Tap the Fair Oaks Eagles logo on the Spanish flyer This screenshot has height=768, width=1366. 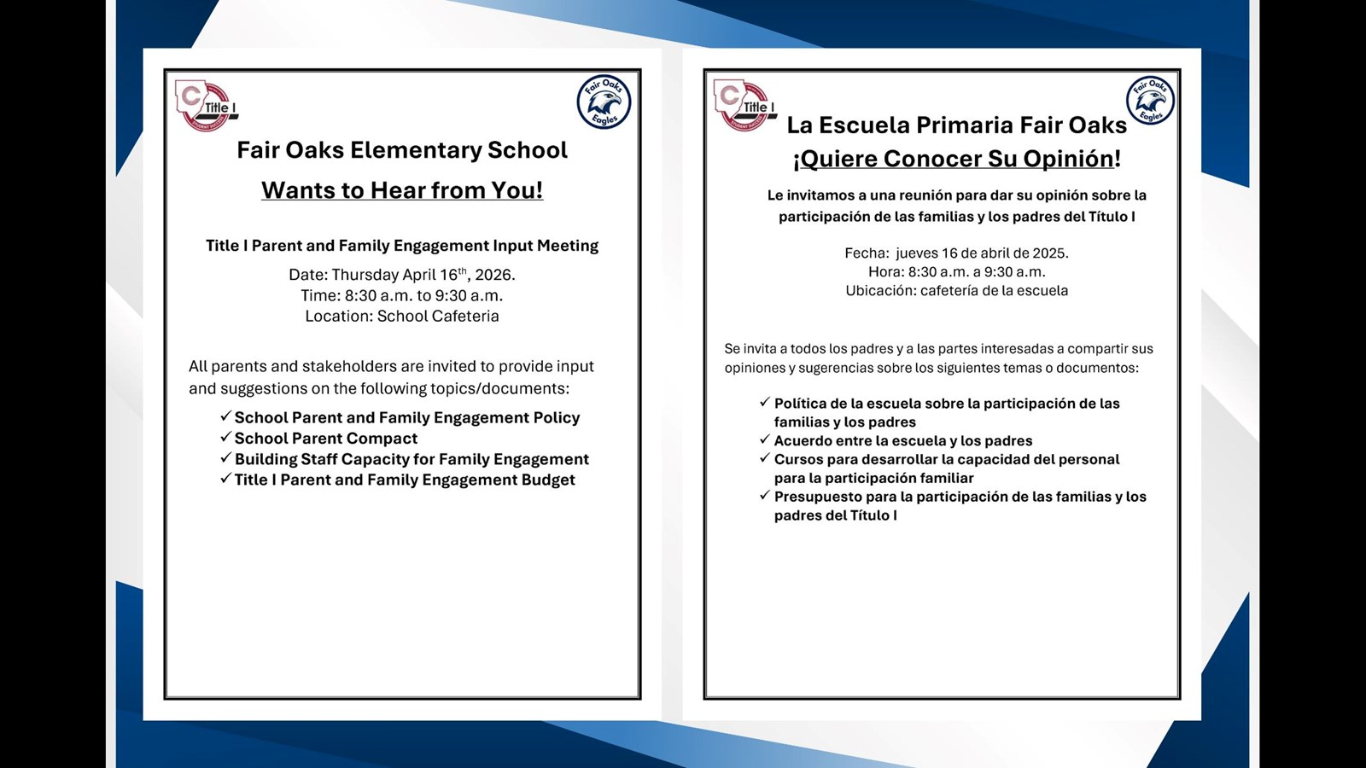point(1150,101)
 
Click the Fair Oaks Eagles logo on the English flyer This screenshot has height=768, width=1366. point(604,102)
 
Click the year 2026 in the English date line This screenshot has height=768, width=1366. point(493,275)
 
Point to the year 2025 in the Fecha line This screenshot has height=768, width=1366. point(1049,253)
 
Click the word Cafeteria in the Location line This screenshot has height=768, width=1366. point(465,317)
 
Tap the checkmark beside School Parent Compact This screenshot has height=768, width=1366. point(226,437)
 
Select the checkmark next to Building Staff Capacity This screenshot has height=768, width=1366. point(226,457)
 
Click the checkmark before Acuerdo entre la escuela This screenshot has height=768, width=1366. point(765,439)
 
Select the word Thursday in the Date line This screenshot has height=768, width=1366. point(365,275)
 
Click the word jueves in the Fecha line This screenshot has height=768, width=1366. point(917,253)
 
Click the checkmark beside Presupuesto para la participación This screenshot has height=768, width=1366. point(765,495)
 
